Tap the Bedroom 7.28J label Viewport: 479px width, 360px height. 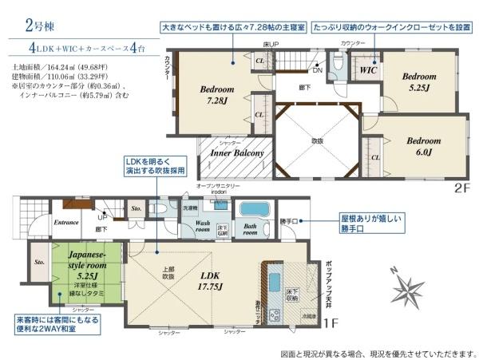[216, 95]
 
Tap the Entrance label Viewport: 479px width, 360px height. [66, 223]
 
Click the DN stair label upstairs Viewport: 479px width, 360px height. [317, 70]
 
